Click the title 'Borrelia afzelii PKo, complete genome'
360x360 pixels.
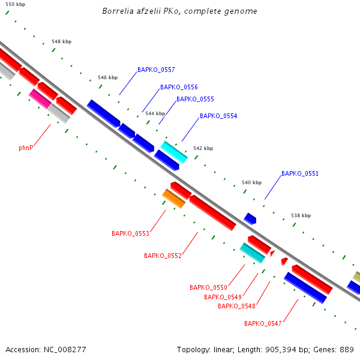(x=180, y=11)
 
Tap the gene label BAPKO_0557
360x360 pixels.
(x=156, y=70)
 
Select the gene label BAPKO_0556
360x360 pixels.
(x=179, y=87)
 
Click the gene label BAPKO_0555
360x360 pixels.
(x=195, y=99)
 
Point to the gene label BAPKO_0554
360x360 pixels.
(x=218, y=116)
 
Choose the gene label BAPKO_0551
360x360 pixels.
(x=300, y=173)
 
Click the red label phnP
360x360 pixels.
(x=26, y=147)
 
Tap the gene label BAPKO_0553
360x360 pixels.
(x=130, y=233)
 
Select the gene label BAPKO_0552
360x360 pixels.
(x=163, y=256)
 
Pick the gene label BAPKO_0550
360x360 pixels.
(x=208, y=287)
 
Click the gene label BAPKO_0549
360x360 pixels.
(x=223, y=297)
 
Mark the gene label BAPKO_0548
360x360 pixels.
(x=236, y=306)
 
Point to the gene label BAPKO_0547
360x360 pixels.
(x=263, y=323)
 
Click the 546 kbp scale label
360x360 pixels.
(x=108, y=77)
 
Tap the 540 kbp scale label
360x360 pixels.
(x=252, y=182)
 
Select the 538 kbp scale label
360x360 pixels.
(x=301, y=215)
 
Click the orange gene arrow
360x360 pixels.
(x=173, y=198)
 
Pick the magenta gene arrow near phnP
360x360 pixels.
(x=40, y=98)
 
